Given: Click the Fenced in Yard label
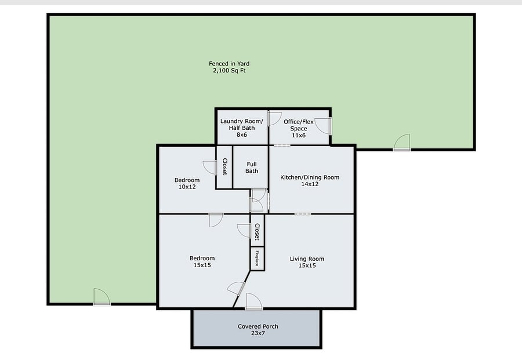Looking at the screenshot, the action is pyautogui.click(x=229, y=64).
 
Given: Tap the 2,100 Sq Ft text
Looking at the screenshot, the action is pyautogui.click(x=229, y=71).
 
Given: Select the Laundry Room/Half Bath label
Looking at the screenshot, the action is pyautogui.click(x=242, y=125).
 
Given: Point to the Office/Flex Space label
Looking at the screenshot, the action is pyautogui.click(x=299, y=125).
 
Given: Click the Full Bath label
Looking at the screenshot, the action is pyautogui.click(x=252, y=168).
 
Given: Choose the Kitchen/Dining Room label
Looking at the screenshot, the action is pyautogui.click(x=310, y=177).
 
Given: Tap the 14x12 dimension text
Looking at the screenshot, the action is pyautogui.click(x=310, y=184).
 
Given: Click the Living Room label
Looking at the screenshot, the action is pyautogui.click(x=307, y=259).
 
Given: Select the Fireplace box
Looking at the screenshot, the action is pyautogui.click(x=258, y=259).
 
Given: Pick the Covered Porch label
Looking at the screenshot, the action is pyautogui.click(x=258, y=326).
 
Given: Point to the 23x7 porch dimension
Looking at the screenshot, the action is pyautogui.click(x=258, y=333).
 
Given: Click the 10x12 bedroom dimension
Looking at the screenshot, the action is pyautogui.click(x=187, y=187).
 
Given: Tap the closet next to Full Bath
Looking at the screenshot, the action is pyautogui.click(x=224, y=167).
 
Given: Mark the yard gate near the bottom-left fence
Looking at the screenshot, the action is pyautogui.click(x=101, y=297).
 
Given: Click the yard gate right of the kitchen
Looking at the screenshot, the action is pyautogui.click(x=402, y=143).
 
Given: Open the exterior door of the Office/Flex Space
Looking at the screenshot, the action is pyautogui.click(x=323, y=126).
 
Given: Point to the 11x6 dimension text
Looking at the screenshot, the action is pyautogui.click(x=299, y=136).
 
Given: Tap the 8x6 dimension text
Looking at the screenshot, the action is pyautogui.click(x=242, y=134).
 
